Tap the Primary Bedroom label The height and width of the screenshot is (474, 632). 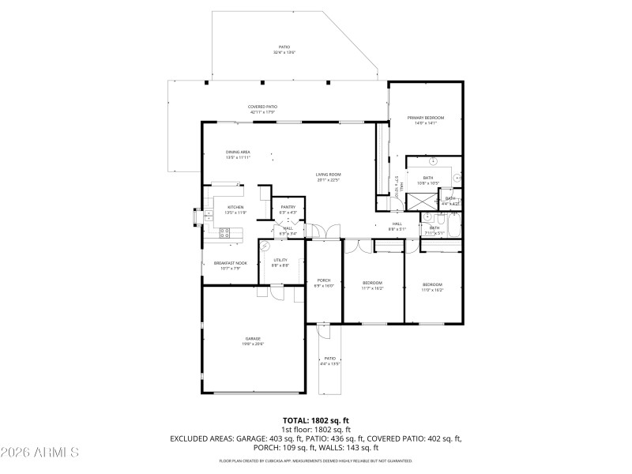[426, 118]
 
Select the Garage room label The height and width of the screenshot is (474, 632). [253, 338]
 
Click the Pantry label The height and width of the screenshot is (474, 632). [288, 207]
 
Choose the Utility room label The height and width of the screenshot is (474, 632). [280, 260]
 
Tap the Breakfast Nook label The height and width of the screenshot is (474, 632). [230, 263]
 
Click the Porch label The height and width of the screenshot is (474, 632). [324, 280]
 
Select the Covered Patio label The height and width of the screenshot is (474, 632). [262, 107]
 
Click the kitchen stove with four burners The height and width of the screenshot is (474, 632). [224, 233]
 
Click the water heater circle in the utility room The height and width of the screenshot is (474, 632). [266, 245]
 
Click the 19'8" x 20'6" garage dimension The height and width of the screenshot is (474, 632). [253, 344]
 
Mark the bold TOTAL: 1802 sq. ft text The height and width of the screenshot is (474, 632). [316, 420]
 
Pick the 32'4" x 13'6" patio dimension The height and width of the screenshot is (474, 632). [284, 52]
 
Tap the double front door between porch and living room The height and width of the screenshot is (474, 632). [315, 231]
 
